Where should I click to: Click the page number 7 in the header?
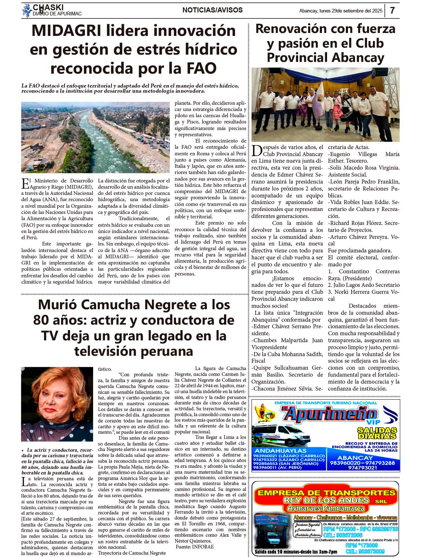tap(392, 10)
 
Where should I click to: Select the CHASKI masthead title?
tap(48, 7)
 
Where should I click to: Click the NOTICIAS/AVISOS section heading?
tap(212, 10)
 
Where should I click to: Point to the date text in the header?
tap(341, 11)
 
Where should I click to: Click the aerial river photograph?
tap(95, 137)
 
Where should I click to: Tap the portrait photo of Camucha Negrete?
tap(57, 404)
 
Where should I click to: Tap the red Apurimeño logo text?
tap(330, 414)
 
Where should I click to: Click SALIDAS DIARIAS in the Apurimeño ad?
tap(377, 433)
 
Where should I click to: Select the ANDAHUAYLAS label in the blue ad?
tap(280, 451)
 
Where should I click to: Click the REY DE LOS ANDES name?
tap(326, 500)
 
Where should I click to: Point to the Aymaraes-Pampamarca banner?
tap(326, 508)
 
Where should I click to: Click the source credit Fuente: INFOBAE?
tap(195, 547)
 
